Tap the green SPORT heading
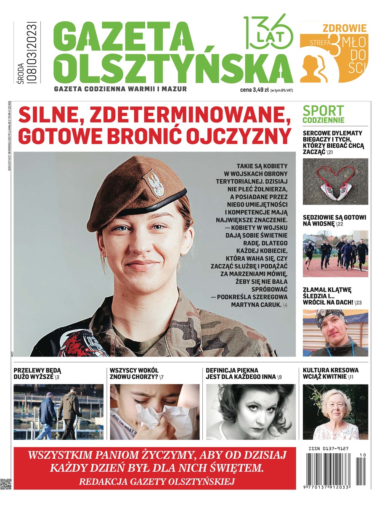pos(323,111)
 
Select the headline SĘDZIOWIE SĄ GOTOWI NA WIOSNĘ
pos(334,221)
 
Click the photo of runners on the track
pos(335,253)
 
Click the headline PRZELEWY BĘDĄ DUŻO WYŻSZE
pos(38,373)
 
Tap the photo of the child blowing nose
pos(154,412)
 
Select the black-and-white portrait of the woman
pos(251,412)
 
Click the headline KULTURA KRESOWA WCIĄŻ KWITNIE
pos(331,373)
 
